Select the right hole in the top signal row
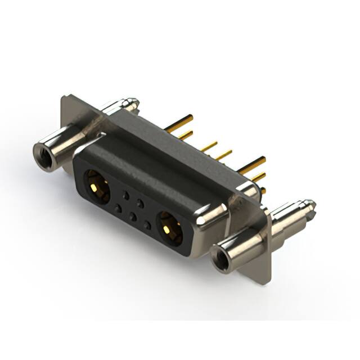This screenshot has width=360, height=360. pyautogui.click(x=141, y=202)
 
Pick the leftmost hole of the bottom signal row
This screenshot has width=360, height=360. pyautogui.click(x=118, y=208)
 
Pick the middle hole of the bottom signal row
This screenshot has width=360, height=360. pyautogui.click(x=132, y=216)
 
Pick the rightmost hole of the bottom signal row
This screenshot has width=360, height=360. pyautogui.click(x=147, y=224)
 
